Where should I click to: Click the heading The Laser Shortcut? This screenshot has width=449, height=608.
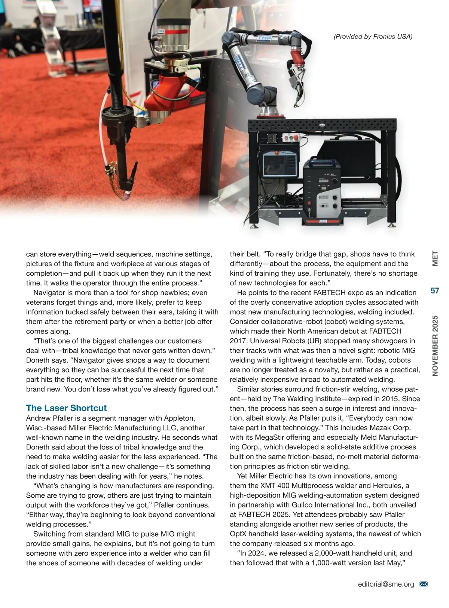(66, 408)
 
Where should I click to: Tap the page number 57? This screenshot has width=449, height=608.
(435, 291)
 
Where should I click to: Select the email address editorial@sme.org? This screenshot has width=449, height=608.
(386, 584)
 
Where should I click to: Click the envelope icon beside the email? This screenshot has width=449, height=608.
(424, 584)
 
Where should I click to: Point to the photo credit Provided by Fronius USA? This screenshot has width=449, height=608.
(373, 36)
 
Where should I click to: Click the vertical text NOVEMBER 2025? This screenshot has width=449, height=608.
(435, 346)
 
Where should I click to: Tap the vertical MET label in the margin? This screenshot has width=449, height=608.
(435, 258)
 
